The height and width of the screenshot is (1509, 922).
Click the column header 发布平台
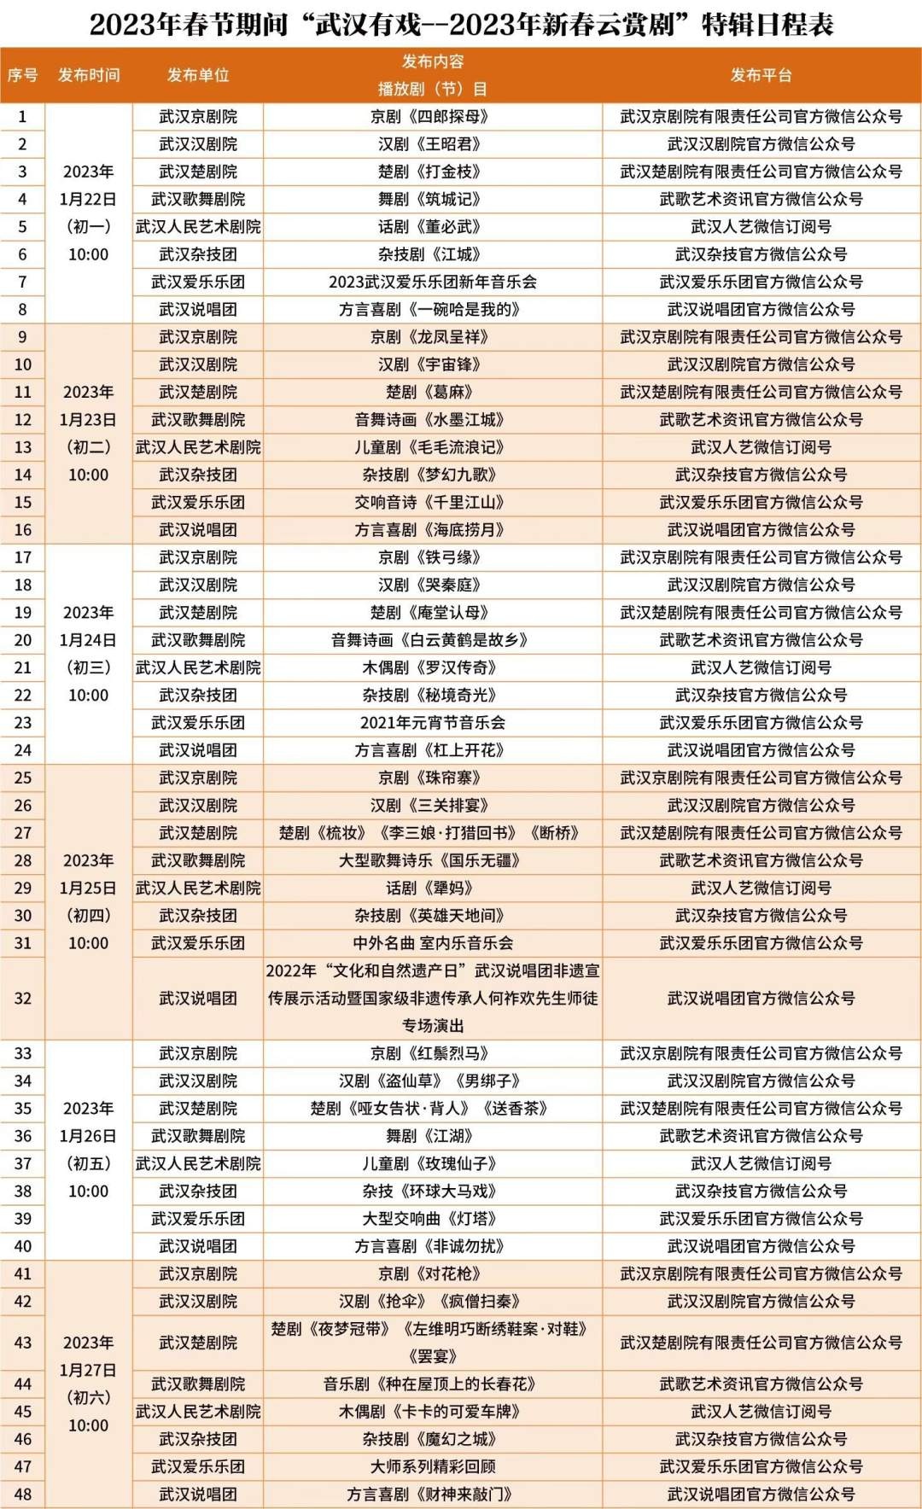(x=761, y=75)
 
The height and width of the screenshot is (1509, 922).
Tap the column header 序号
(x=23, y=75)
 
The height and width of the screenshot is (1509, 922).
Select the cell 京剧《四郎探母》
(x=433, y=117)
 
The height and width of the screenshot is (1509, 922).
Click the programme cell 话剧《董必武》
(x=433, y=227)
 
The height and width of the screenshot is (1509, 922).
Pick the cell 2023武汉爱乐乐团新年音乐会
(x=433, y=282)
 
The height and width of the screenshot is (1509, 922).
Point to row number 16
(x=23, y=530)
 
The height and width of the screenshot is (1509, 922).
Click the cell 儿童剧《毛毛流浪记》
(x=433, y=447)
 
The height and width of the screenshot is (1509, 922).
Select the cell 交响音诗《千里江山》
(x=433, y=503)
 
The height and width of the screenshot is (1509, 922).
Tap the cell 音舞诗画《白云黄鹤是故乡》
(x=433, y=640)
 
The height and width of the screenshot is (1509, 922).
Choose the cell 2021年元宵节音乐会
(x=433, y=723)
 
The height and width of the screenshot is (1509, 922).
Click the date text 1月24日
(x=88, y=640)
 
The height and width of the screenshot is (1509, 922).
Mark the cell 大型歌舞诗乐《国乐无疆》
(x=433, y=860)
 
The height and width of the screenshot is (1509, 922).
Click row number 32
(x=23, y=998)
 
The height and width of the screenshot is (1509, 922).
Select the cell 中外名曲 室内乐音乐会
(x=433, y=943)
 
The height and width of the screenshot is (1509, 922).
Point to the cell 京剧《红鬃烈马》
(x=433, y=1053)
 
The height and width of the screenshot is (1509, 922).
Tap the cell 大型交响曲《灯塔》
(x=433, y=1219)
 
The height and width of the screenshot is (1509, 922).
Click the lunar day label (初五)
(x=88, y=1163)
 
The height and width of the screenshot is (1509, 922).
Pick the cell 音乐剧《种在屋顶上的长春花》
(x=433, y=1384)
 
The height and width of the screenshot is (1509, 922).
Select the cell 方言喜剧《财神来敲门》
(x=433, y=1494)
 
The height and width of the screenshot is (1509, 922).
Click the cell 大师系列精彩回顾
(x=433, y=1466)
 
